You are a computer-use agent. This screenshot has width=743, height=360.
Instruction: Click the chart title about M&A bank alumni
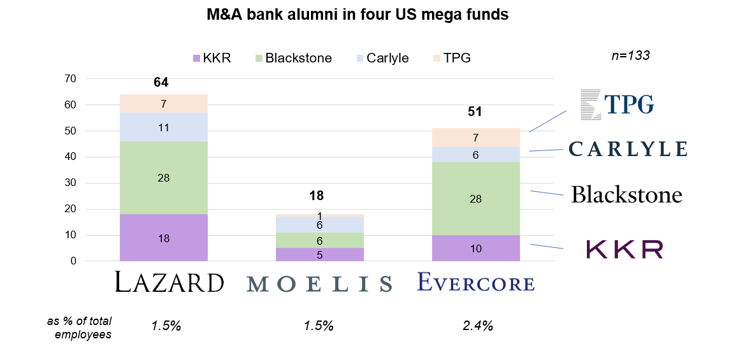point(357,15)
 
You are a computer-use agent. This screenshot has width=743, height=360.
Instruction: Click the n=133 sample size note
point(630,55)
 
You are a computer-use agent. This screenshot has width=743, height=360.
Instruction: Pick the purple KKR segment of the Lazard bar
point(164,238)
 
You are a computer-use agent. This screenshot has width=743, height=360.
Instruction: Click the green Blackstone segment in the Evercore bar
point(476,198)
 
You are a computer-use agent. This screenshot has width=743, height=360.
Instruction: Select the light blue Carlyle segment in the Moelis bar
point(320,225)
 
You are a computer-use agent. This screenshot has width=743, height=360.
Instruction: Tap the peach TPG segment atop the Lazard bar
point(164,103)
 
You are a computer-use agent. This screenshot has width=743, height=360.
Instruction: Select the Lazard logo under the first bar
point(170,282)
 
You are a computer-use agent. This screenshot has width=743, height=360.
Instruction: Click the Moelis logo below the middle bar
point(320,284)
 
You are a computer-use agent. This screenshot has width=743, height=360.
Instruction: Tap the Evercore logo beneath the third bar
point(476,282)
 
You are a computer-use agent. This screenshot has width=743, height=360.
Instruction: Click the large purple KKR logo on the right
point(624,249)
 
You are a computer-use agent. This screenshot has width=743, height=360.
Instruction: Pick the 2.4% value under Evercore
point(478,326)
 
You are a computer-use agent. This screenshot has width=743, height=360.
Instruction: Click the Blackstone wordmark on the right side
point(626,194)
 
